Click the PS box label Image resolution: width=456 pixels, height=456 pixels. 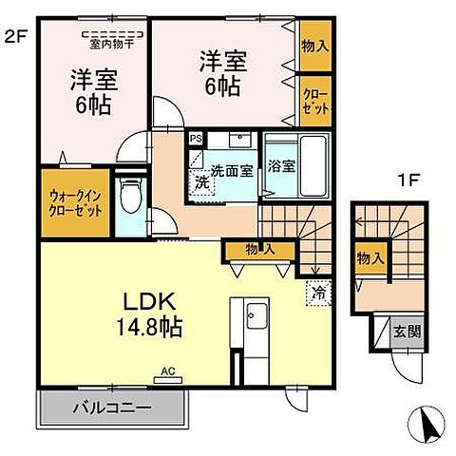[x=195, y=139]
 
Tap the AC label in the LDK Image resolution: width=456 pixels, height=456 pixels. [x=167, y=371]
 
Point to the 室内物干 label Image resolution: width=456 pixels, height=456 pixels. [x=111, y=42]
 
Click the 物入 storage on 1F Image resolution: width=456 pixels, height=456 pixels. [x=370, y=257]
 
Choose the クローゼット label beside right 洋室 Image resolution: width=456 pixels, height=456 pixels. [x=314, y=102]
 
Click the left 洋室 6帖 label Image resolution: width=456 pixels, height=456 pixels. [x=93, y=92]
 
